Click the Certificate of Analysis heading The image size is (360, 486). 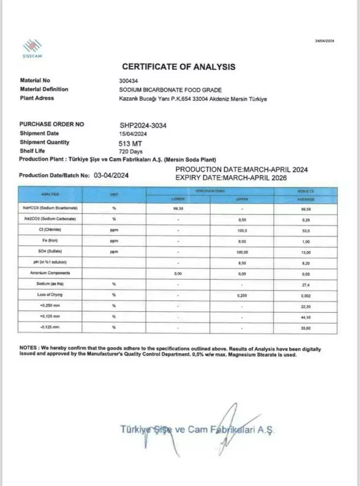click(178, 67)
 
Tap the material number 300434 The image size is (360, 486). click(128, 81)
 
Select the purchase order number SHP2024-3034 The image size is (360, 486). click(143, 125)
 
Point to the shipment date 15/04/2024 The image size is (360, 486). click(134, 134)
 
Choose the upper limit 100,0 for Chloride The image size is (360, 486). click(242, 230)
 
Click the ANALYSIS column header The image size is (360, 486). click(50, 194)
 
